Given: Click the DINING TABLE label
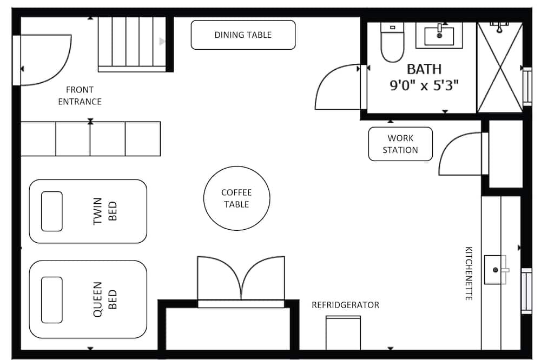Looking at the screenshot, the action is [243, 35].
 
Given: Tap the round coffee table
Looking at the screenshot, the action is [237, 198].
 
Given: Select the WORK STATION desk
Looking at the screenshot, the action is [400, 144].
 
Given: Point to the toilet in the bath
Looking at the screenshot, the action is [392, 42].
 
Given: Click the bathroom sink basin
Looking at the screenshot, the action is [439, 36].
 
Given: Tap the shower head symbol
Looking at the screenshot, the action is [499, 27].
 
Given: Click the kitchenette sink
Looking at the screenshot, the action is [496, 270].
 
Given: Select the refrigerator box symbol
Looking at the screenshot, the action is [344, 333].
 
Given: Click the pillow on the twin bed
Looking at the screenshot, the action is [52, 211].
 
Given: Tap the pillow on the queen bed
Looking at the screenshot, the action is [52, 299].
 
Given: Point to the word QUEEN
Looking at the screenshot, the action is [97, 299].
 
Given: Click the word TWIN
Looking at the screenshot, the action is [97, 211].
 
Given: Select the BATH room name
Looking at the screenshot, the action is [424, 69].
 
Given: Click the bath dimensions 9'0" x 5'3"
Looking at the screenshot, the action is [424, 85].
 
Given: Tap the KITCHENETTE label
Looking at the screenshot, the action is [469, 273].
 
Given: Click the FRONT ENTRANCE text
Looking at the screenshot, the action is [80, 96].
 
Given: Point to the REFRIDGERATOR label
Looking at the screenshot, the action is [345, 305].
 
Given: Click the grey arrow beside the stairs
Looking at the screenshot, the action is [162, 42].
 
